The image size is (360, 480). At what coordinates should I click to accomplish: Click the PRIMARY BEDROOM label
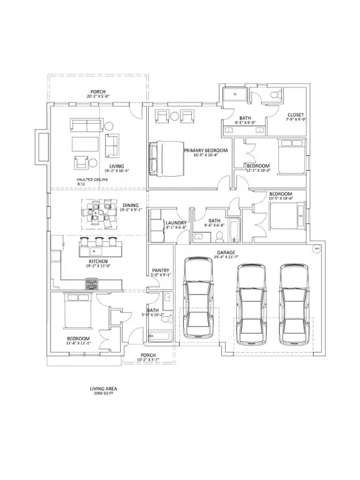click(205, 151)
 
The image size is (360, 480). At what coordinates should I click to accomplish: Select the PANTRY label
click(161, 271)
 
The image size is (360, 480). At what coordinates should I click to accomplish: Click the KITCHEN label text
click(97, 261)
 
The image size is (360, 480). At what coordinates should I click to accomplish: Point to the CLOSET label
click(296, 115)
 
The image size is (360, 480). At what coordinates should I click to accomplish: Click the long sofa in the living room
click(86, 125)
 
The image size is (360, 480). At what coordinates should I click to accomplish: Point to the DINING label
click(130, 204)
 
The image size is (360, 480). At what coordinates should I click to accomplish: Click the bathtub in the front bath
click(161, 336)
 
